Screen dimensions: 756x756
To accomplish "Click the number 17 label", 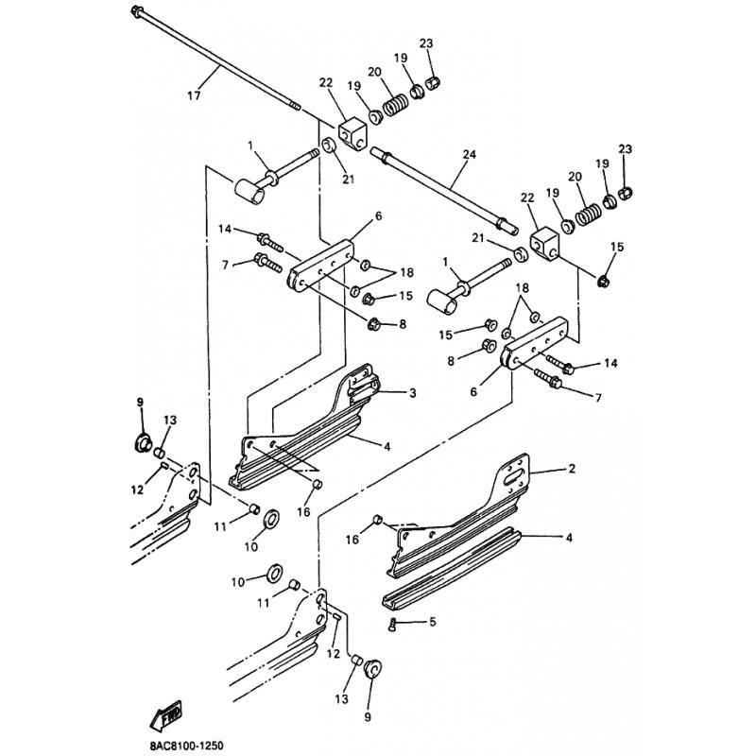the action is pos(194,96).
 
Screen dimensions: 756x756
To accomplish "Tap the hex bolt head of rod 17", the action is pos(136,9).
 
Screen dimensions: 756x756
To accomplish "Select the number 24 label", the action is pos(469,154).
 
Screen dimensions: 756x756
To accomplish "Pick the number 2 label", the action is pos(572,468).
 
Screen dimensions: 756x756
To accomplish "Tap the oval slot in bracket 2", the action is pos(514,480).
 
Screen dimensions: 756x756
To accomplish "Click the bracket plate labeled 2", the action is pos(463,516).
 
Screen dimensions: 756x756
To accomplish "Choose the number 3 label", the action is pos(413,393).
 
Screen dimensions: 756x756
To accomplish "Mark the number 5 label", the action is pos(432,622).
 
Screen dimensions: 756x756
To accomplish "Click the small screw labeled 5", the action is pos(391,625).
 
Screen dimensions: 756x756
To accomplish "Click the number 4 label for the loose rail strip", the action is pos(569,537).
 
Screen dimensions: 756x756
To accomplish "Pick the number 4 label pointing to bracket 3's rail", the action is pos(387,447).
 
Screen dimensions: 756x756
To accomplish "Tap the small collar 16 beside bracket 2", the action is pos(378,520).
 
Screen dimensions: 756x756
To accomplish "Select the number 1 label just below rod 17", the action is pos(250,145).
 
